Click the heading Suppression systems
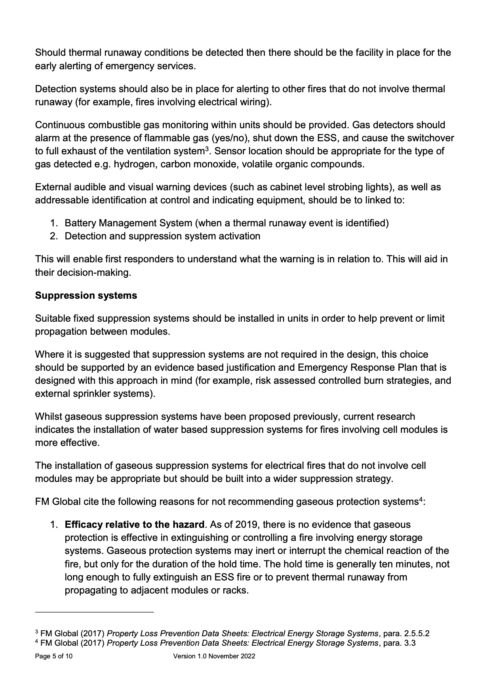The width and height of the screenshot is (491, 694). click(86, 296)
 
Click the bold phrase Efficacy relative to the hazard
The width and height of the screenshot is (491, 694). click(135, 525)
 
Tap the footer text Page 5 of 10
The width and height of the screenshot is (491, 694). click(54, 656)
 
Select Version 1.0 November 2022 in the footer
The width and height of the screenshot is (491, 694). click(214, 656)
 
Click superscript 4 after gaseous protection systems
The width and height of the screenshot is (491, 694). click(421, 499)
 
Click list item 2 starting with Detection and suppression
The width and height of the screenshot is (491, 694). click(162, 236)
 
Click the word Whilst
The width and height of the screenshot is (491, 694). click(48, 417)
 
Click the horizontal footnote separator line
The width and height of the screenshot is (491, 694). click(94, 612)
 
